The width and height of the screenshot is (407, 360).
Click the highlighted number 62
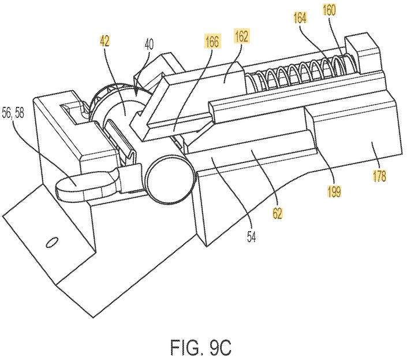pos(278,213)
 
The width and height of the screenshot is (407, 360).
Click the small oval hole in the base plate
pos(52,242)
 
